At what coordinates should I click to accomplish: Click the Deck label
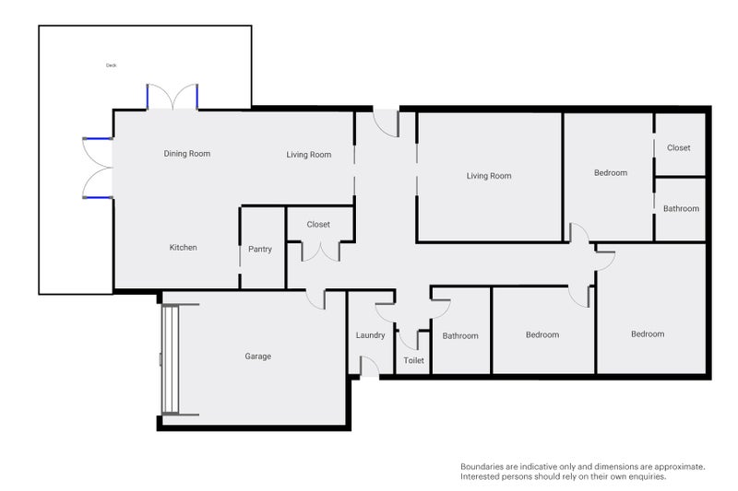point(111,65)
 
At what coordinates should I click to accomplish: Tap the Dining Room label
point(187,154)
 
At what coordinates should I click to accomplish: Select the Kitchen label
point(183,247)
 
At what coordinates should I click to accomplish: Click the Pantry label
point(260,249)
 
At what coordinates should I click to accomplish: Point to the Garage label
point(258,357)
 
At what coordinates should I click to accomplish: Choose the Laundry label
point(371,335)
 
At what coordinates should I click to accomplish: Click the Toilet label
point(413,360)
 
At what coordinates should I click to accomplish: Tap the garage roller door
point(171,359)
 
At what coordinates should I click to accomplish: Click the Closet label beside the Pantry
point(318,225)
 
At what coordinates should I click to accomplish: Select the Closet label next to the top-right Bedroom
point(679,147)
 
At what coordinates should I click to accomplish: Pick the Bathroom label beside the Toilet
point(460,335)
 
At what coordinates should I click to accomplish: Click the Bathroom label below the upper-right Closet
point(681,208)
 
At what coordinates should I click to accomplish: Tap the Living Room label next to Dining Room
point(309,155)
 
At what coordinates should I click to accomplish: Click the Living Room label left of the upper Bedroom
point(489,176)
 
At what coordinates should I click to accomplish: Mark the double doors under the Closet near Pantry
point(320,251)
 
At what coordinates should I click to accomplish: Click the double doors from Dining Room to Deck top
point(173,98)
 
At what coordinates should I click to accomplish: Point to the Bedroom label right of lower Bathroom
point(542,334)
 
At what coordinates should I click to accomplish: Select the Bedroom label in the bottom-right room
point(648,334)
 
